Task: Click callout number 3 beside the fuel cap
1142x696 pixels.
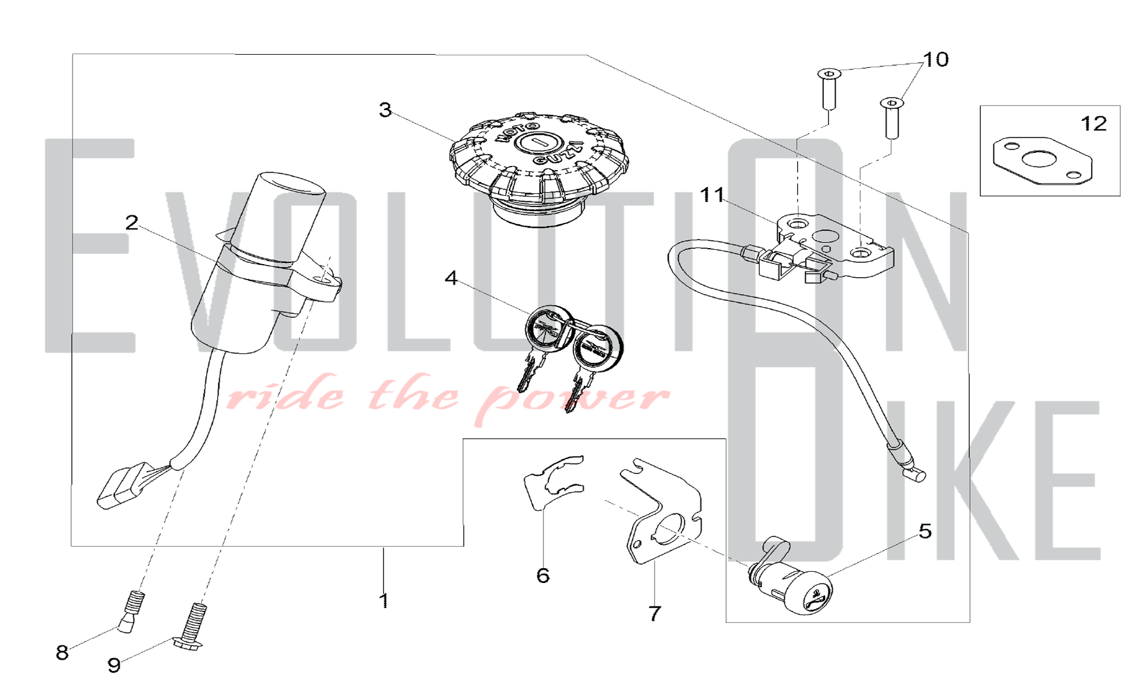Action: click(385, 110)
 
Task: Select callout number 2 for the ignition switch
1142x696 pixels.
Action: click(132, 223)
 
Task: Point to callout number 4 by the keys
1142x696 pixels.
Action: click(451, 278)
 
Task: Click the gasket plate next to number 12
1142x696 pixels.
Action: click(1043, 161)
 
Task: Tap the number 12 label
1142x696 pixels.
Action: click(1094, 124)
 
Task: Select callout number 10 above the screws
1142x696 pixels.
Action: click(936, 59)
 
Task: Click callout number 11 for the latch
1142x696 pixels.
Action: click(712, 195)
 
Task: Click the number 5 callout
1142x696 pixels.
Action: click(925, 531)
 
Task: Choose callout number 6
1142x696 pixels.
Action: click(543, 576)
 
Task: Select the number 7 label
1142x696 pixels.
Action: click(655, 613)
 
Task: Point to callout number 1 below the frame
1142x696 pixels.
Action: click(384, 601)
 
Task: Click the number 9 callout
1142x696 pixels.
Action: click(114, 665)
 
